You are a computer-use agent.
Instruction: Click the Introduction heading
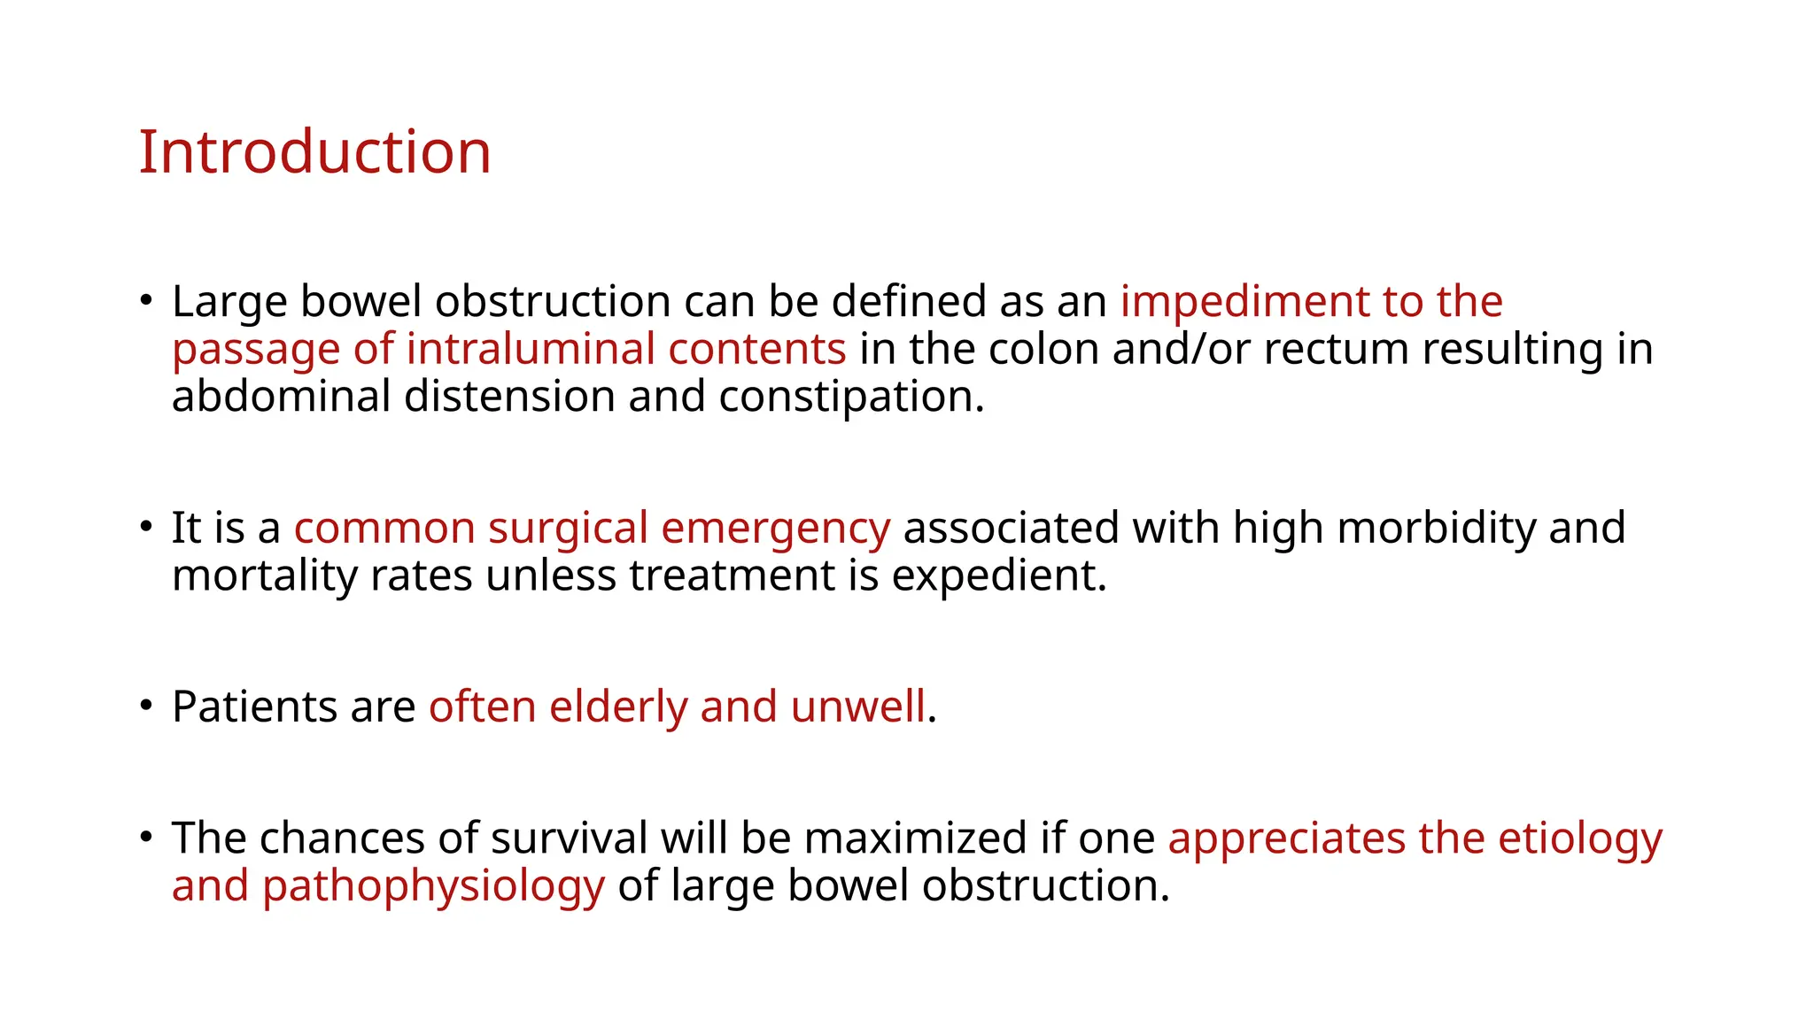click(x=314, y=152)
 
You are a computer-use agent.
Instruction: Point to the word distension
click(x=509, y=396)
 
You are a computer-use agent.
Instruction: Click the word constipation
click(x=850, y=396)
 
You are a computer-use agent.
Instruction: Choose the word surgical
click(x=568, y=529)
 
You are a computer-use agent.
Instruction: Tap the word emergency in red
click(x=775, y=529)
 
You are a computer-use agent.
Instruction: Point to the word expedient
click(x=998, y=576)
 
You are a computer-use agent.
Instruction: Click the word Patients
click(x=254, y=707)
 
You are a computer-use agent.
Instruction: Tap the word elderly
click(x=618, y=707)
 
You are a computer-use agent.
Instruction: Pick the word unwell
click(x=857, y=707)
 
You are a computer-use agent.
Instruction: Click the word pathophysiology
click(x=434, y=885)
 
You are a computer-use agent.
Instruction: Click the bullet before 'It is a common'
click(x=146, y=526)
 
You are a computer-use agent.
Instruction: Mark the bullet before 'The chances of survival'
click(x=146, y=836)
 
